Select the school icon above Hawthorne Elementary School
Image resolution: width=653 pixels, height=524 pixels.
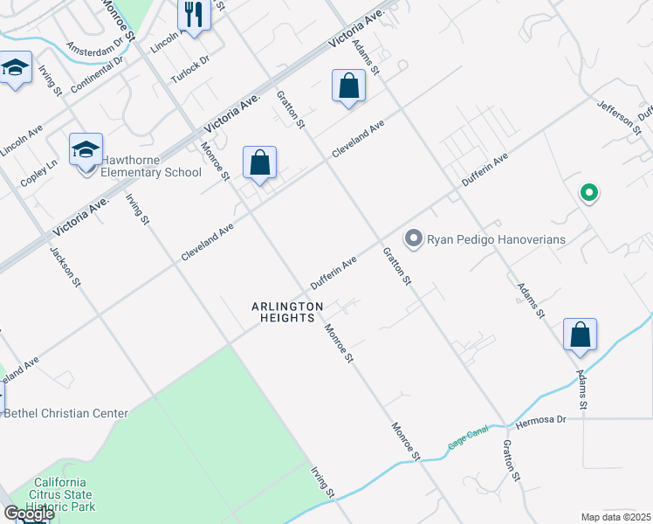(86, 150)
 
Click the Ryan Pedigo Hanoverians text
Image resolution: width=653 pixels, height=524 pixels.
(496, 238)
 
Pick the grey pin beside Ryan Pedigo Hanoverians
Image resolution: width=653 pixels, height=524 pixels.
(413, 238)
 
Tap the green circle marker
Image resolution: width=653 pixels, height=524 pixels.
(589, 193)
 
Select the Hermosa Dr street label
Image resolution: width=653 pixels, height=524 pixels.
(540, 420)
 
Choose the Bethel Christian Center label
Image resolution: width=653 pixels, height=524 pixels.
(66, 413)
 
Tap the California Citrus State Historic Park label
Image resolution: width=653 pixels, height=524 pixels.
(60, 493)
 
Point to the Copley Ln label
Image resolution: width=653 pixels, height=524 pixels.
(38, 171)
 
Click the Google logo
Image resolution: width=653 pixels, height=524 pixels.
(29, 514)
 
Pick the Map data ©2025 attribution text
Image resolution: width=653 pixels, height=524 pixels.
(615, 517)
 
